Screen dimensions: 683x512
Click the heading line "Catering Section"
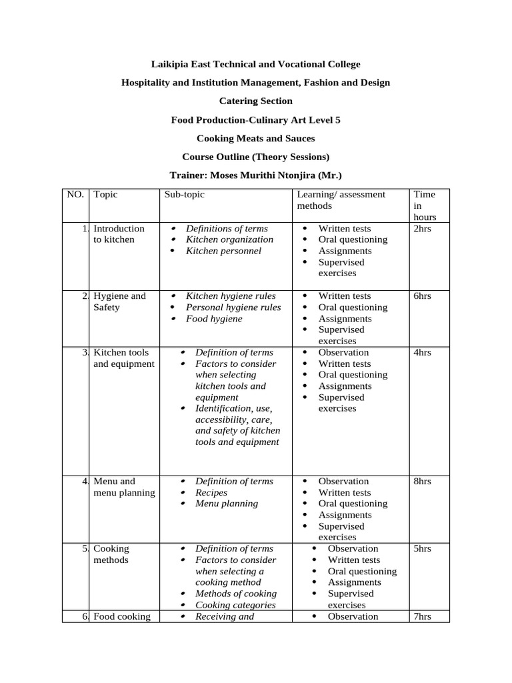tap(256, 101)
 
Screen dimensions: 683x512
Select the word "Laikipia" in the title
tap(170, 64)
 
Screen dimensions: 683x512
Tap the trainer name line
tap(256, 175)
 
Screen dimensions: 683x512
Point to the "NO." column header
tap(75, 194)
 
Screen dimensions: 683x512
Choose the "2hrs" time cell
tap(423, 228)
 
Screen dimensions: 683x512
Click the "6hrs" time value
tap(423, 295)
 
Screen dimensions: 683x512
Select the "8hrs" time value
tap(423, 481)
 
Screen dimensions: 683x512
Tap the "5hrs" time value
tap(423, 548)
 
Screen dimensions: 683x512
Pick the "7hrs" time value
tap(423, 616)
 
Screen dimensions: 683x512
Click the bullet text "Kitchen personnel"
tap(223, 251)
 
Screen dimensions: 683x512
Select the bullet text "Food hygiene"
tap(214, 319)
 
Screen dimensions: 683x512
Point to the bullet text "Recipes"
tap(211, 492)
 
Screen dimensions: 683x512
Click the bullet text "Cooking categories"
tap(235, 605)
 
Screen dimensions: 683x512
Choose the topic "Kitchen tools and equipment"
tap(123, 358)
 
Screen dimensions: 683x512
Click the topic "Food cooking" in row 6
tap(122, 616)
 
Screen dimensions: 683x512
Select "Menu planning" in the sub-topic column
tap(227, 504)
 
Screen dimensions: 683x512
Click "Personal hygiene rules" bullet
tap(233, 307)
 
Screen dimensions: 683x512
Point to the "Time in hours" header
tap(425, 205)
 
